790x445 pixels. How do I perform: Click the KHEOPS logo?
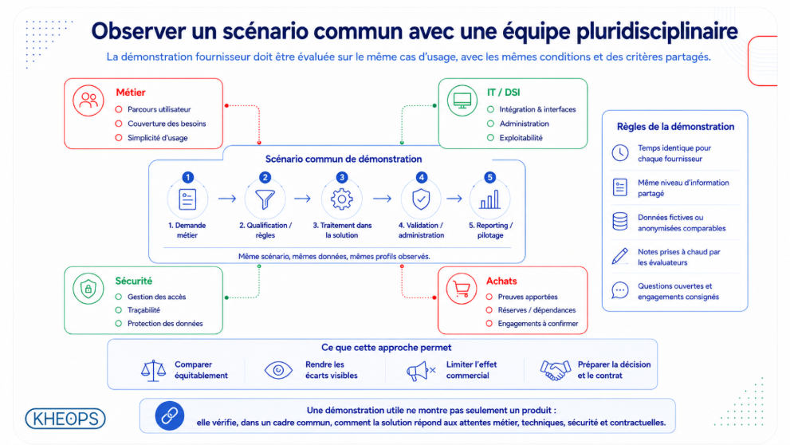65,419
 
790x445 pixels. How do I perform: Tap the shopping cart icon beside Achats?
461,289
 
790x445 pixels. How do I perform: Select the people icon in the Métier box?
88,100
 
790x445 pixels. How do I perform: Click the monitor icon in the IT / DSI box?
462,100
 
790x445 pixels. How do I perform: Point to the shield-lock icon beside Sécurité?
88,289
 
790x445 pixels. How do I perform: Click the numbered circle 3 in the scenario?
342,177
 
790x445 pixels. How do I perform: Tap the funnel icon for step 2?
265,199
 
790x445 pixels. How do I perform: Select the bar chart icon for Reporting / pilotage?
489,199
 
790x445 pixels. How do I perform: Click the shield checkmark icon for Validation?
421,199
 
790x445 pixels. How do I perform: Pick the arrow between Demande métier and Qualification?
227,199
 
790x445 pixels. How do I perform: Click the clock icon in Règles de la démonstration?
620,152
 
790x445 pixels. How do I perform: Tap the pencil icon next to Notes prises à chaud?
619,256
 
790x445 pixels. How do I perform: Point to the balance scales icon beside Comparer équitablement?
153,370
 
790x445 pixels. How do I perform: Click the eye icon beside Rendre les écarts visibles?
278,370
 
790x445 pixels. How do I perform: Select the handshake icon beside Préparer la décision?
555,370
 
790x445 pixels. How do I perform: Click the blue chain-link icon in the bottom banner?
169,415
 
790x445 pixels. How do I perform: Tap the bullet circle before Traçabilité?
119,310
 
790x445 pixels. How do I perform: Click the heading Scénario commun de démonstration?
344,159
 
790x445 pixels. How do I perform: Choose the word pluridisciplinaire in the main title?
657,31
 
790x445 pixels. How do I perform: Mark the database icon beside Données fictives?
619,221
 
